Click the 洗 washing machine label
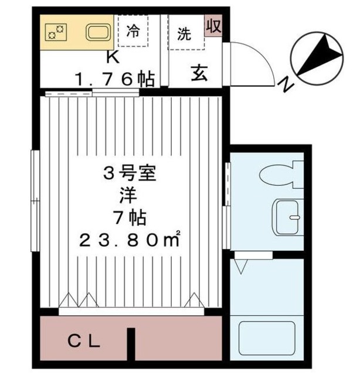pos(185,33)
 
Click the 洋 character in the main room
pos(132,195)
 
